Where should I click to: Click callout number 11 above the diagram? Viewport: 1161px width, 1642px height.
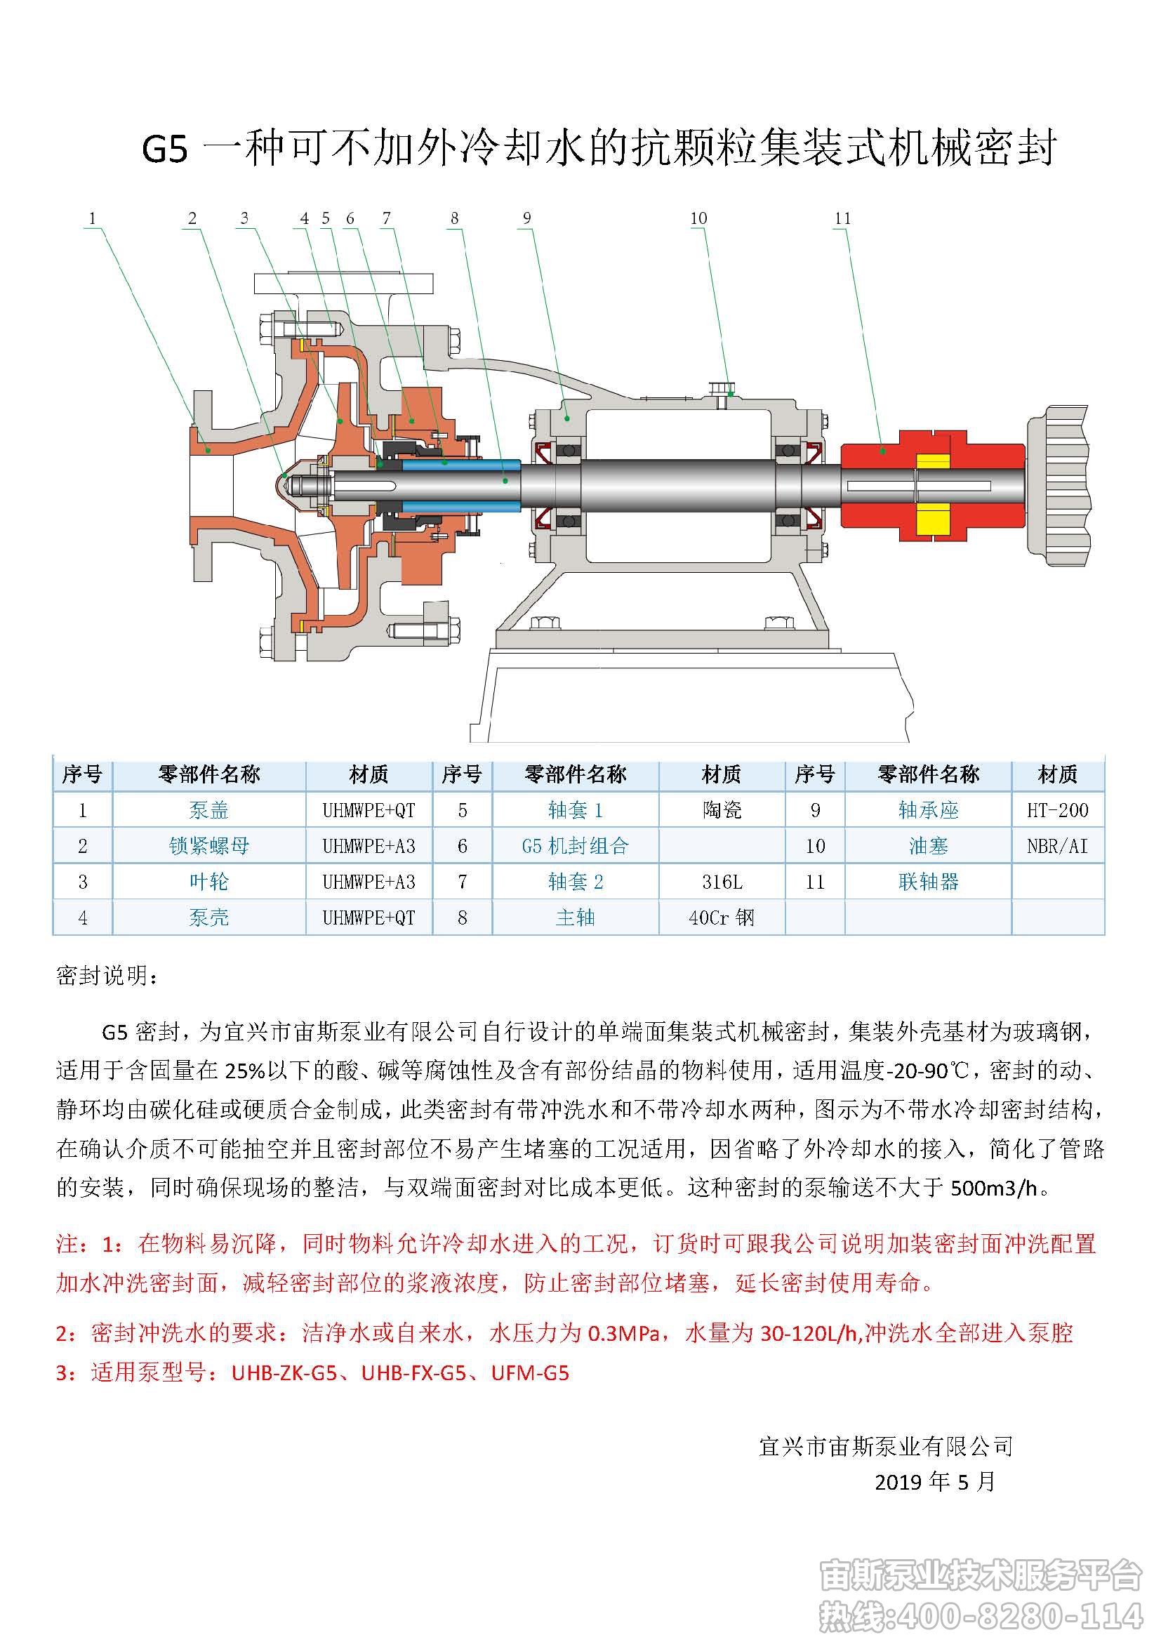click(x=842, y=219)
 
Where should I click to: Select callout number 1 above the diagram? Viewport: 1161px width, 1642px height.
click(x=92, y=219)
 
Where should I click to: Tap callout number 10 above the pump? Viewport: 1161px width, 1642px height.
click(x=698, y=219)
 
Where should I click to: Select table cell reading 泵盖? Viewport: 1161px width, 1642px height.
click(x=208, y=810)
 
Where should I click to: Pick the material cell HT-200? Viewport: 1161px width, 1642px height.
click(x=1057, y=810)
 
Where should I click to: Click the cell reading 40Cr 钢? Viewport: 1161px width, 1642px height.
click(x=721, y=918)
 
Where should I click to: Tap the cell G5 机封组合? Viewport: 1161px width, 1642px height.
click(x=575, y=846)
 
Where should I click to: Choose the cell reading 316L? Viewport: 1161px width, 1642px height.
click(x=722, y=882)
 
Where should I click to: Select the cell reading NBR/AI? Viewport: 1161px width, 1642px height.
click(x=1056, y=846)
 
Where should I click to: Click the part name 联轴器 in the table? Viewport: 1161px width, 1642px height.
click(x=928, y=882)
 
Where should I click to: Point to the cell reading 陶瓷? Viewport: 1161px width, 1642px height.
click(x=722, y=810)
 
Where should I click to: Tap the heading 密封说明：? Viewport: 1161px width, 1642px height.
click(x=107, y=976)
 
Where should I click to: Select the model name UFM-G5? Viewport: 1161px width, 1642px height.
click(x=530, y=1373)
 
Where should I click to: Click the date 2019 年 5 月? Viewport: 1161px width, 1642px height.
click(x=934, y=1481)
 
